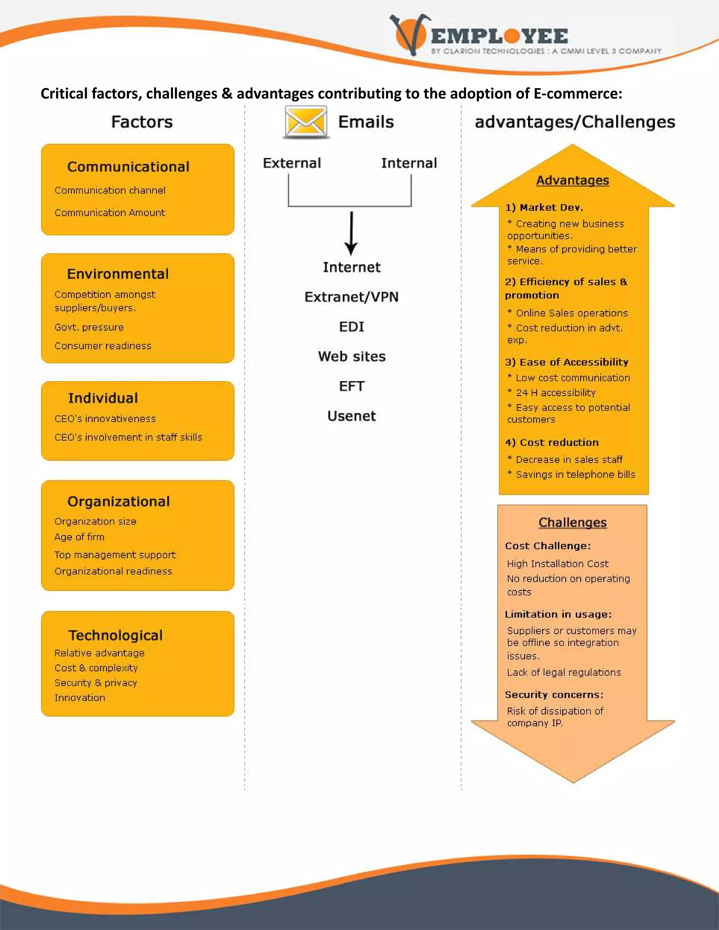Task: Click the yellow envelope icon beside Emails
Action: point(305,122)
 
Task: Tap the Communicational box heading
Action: point(128,166)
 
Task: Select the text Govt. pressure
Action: point(89,327)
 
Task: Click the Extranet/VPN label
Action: point(351,297)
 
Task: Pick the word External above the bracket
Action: point(292,163)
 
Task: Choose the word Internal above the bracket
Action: point(409,163)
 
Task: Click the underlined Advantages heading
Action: point(573,180)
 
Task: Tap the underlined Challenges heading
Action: point(573,523)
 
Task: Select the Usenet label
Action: point(351,416)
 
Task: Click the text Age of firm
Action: point(79,537)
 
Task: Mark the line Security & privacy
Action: point(96,683)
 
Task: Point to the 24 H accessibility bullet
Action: point(555,393)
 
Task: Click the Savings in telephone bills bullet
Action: point(575,474)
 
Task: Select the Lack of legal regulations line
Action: point(563,672)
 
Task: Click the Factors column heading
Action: point(142,122)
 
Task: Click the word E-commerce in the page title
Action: point(578,93)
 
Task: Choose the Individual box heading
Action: point(103,398)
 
